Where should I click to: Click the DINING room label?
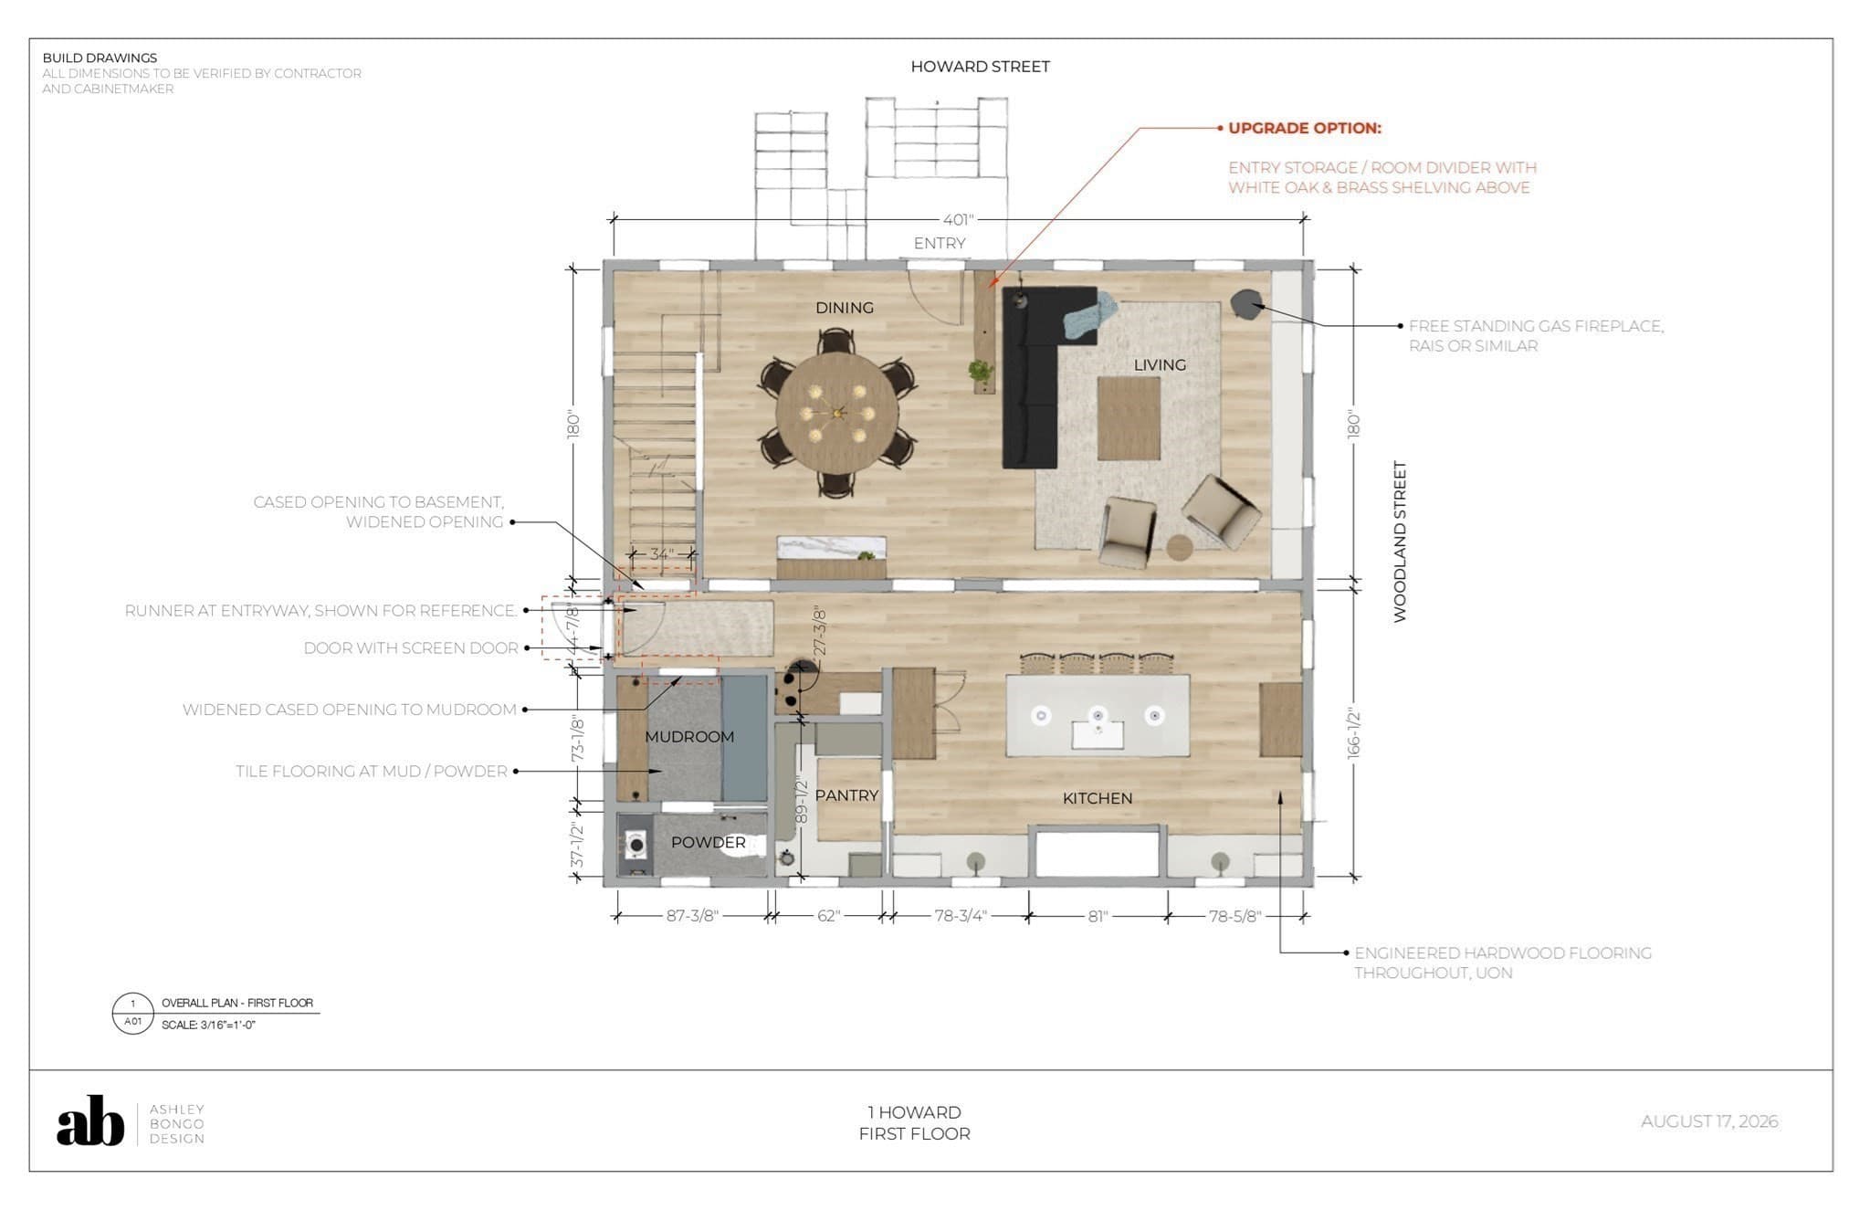(845, 308)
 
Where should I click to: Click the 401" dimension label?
(959, 219)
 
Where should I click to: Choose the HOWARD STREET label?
(980, 67)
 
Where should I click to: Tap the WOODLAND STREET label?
(1400, 542)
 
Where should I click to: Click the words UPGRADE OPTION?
(1305, 128)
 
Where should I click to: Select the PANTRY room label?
(846, 795)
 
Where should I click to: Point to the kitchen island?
(1098, 715)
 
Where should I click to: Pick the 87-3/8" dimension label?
(692, 916)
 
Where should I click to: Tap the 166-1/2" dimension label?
(1354, 733)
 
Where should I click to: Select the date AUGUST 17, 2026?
(1709, 1121)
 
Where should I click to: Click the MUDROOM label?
(689, 737)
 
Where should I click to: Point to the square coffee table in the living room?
(1129, 418)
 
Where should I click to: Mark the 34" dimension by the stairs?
(661, 554)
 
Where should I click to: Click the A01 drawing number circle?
(133, 1013)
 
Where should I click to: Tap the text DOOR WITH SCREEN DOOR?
(411, 648)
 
